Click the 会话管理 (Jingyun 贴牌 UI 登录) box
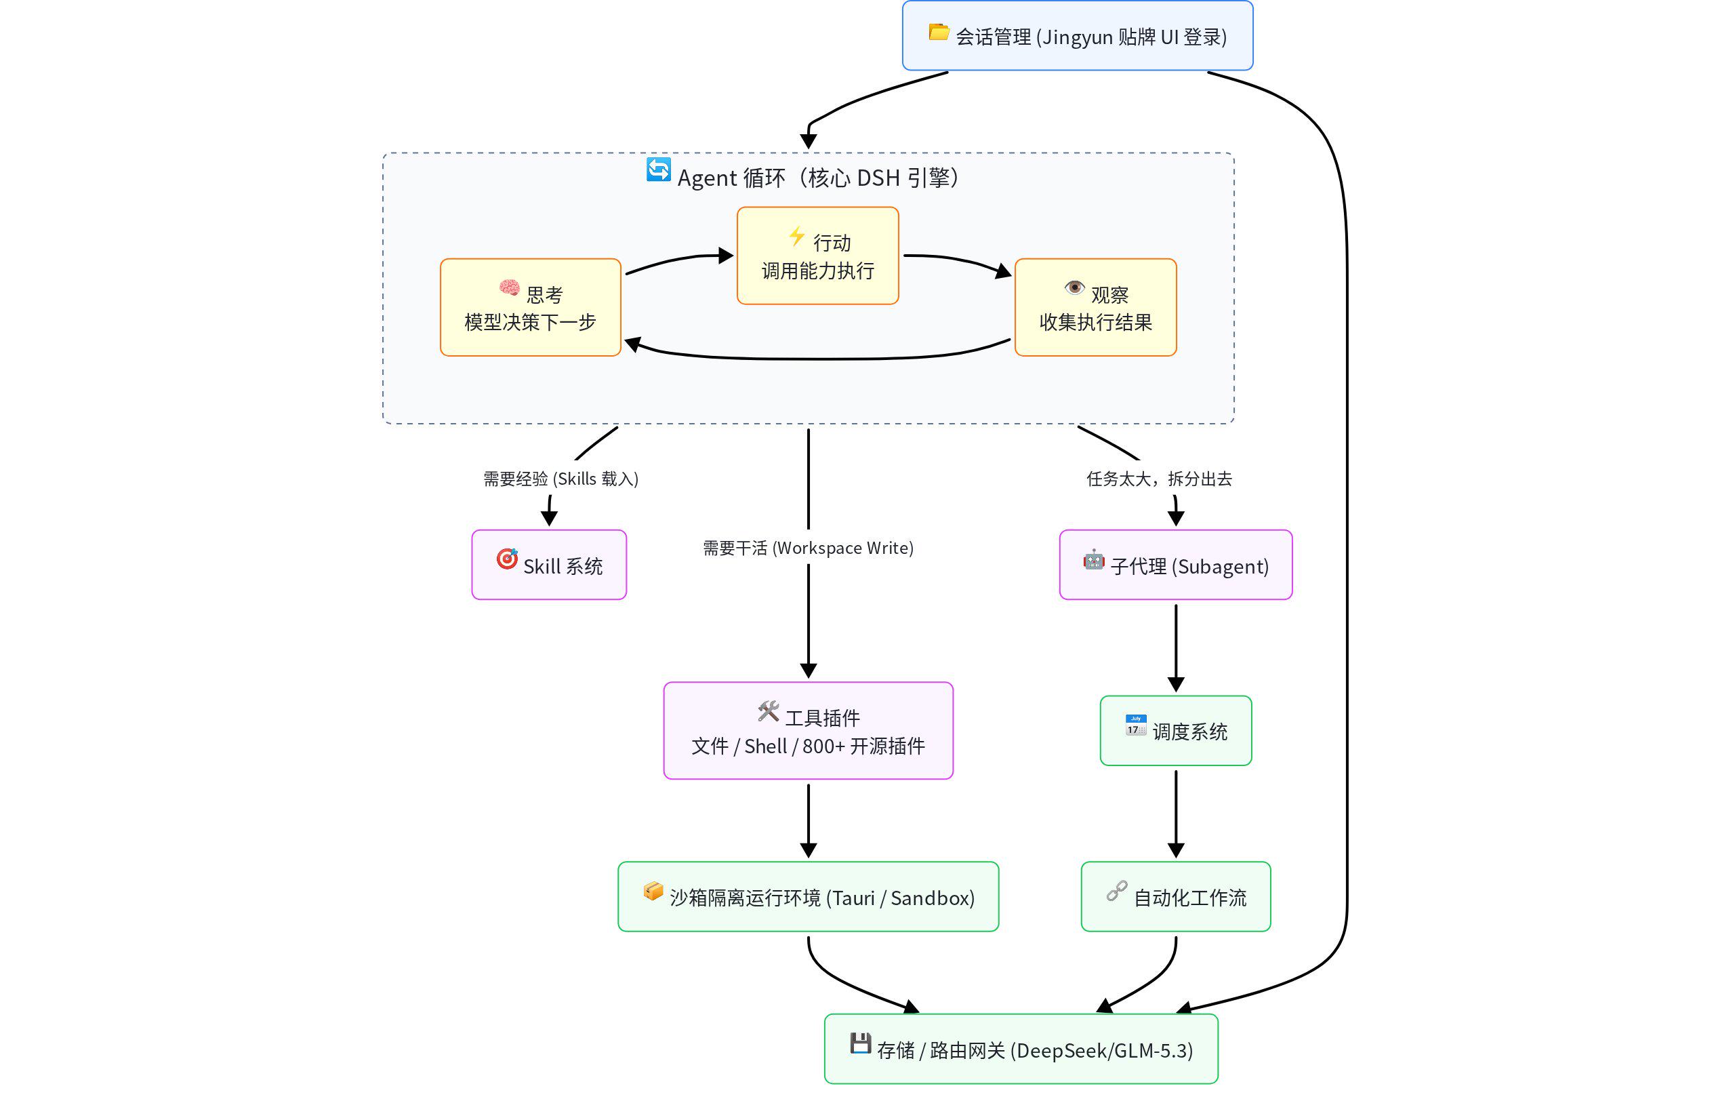coord(1077,35)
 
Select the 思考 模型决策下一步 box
coord(530,307)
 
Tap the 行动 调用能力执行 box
coord(818,256)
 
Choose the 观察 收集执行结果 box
coord(1095,307)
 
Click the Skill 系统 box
coord(549,565)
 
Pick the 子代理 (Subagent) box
coord(1176,565)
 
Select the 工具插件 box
coord(809,731)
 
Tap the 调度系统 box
coord(1176,731)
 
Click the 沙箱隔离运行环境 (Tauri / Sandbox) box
coord(809,896)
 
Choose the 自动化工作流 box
coord(1176,896)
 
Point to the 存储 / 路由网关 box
coord(1021,1049)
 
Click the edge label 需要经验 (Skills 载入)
coord(560,479)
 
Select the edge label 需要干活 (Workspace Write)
coord(809,548)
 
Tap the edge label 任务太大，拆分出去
coord(1160,479)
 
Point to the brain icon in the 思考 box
coord(510,288)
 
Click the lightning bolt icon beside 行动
coord(797,236)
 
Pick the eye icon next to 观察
coord(1074,287)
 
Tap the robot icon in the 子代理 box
coord(1094,560)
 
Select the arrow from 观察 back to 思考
coord(818,358)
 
